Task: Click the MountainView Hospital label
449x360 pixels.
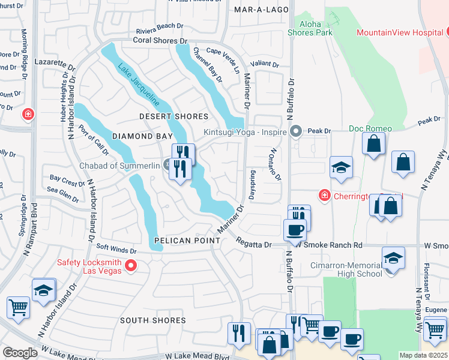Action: point(399,32)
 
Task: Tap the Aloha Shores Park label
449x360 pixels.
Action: point(309,28)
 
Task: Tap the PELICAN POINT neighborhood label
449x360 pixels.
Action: point(179,241)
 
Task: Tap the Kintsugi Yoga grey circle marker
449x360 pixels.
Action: point(295,131)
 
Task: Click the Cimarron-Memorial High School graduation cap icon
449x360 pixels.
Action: point(393,258)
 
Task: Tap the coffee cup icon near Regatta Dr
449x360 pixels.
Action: point(295,230)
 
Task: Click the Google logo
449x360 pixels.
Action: point(20,353)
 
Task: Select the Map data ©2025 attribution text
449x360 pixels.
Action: point(423,355)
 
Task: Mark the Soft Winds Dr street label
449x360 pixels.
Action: point(117,249)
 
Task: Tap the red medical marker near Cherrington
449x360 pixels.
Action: point(324,195)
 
